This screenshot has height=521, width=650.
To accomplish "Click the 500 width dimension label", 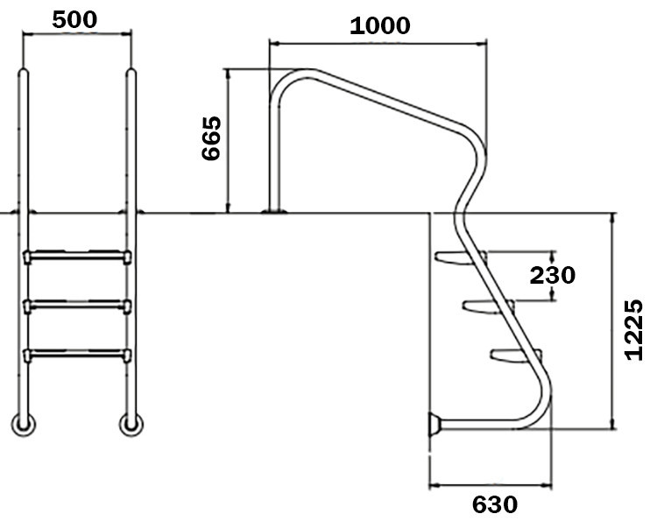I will point(74,19).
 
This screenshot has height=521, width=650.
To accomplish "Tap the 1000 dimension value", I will point(379,25).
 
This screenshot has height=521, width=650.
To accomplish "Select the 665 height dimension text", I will point(212,137).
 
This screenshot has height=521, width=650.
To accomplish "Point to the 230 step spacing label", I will point(553,275).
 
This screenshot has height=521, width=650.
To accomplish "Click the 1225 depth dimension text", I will point(633,330).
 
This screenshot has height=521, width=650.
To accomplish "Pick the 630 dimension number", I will point(495,504).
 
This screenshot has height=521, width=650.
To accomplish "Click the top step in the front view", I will point(78,256).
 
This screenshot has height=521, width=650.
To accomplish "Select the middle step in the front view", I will point(78,305).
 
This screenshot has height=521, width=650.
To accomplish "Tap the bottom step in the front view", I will point(78,354).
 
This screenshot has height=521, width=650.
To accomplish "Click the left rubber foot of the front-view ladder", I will point(24,425).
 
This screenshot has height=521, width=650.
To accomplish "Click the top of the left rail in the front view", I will point(25,74).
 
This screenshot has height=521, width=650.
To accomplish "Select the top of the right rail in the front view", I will point(131,74).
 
